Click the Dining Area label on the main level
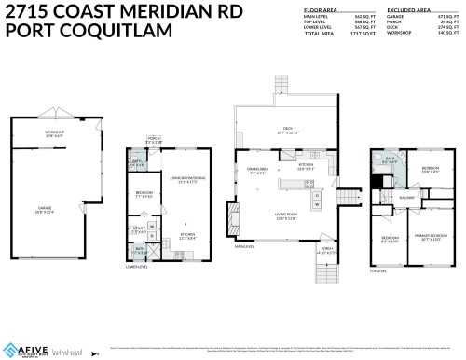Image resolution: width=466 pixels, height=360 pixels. [257, 171]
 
